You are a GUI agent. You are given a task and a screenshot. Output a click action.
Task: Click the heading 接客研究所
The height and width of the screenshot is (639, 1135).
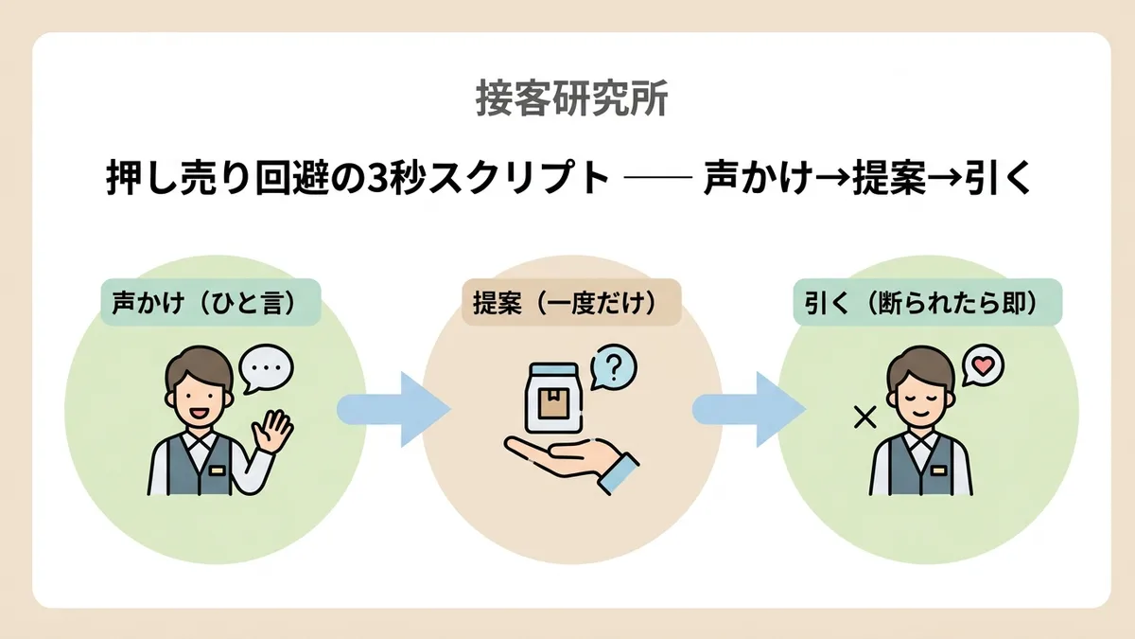(x=572, y=98)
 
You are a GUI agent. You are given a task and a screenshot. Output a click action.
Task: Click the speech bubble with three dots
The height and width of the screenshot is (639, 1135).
(x=266, y=368)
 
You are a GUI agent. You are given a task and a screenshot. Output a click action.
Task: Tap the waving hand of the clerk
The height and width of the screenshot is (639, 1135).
(x=272, y=432)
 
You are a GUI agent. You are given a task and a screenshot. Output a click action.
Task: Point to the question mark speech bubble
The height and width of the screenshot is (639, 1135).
(x=613, y=367)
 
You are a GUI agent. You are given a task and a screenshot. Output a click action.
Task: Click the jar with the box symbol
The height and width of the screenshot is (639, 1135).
(x=552, y=398)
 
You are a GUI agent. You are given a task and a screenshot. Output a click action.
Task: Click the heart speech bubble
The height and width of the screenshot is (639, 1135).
(x=983, y=365)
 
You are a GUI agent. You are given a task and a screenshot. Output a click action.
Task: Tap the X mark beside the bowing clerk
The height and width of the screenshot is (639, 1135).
(x=864, y=417)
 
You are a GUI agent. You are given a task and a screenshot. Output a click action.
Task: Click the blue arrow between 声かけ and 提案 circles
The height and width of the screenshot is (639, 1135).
(x=393, y=409)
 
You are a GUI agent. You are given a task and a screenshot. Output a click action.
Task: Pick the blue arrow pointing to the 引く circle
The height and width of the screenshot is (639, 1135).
(x=749, y=409)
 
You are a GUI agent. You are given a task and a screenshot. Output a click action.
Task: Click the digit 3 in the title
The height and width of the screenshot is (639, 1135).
(x=375, y=178)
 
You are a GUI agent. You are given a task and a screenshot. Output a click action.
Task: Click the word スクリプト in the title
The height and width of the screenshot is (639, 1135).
(x=518, y=178)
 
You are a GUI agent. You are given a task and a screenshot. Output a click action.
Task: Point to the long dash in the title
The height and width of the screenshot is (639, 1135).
(x=658, y=177)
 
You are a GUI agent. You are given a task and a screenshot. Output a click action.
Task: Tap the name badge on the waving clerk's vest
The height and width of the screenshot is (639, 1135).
(x=217, y=470)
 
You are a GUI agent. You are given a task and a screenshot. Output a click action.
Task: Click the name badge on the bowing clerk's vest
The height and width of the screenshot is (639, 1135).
(x=938, y=470)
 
